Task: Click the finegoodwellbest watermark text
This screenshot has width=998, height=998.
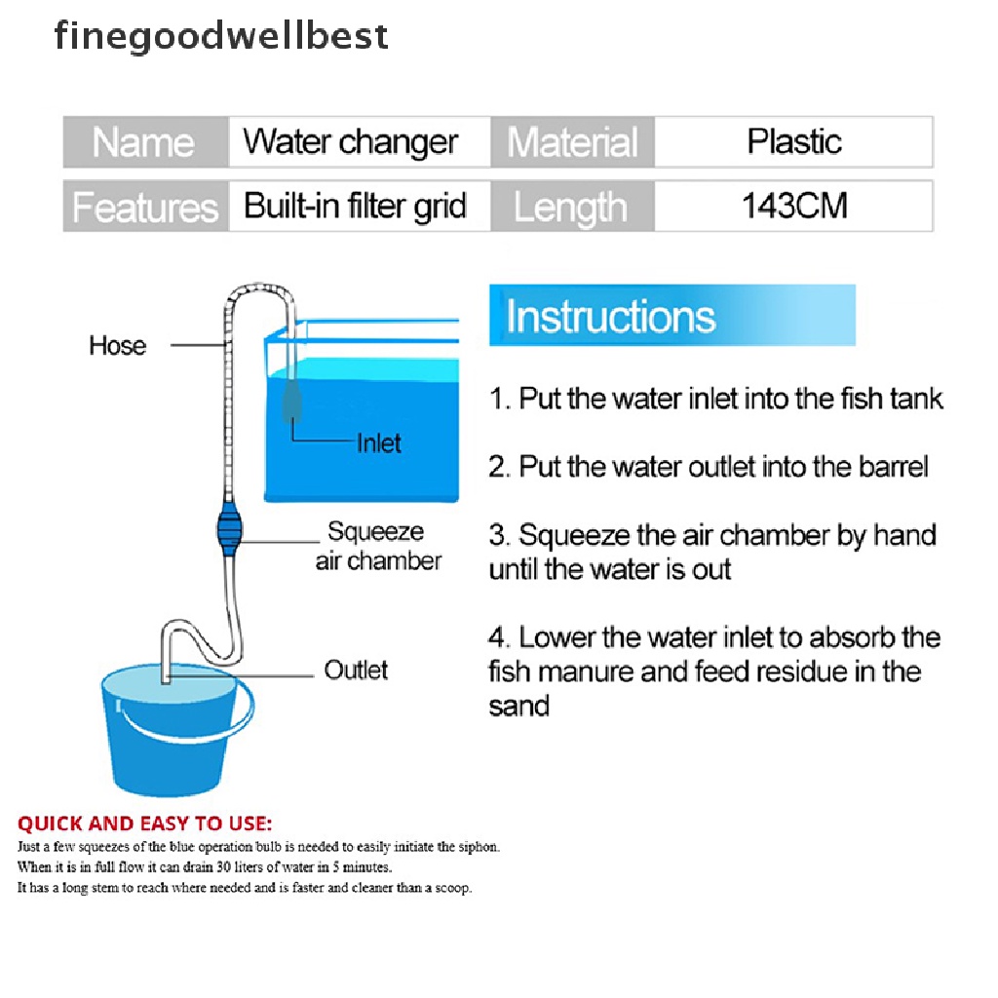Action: pyautogui.click(x=221, y=36)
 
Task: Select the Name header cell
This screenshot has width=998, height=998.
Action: pyautogui.click(x=146, y=142)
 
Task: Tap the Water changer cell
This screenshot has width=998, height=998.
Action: pyautogui.click(x=360, y=142)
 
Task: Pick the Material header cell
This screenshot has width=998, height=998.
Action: pyautogui.click(x=572, y=142)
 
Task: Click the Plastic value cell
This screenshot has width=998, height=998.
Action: pyautogui.click(x=793, y=142)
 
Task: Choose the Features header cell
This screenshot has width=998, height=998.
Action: pyautogui.click(x=146, y=207)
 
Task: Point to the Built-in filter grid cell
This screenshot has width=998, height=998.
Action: pyautogui.click(x=360, y=207)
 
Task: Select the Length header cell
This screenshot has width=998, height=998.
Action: pyautogui.click(x=572, y=207)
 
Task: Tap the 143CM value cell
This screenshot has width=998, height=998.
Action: pyautogui.click(x=793, y=207)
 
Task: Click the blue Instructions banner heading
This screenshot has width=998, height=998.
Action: pyautogui.click(x=672, y=316)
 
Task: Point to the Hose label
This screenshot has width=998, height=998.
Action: pyautogui.click(x=118, y=346)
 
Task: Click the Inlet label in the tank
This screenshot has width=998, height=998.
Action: pyautogui.click(x=379, y=443)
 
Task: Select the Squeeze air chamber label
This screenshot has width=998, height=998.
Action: pyautogui.click(x=378, y=546)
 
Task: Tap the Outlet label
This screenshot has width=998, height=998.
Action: pyautogui.click(x=356, y=670)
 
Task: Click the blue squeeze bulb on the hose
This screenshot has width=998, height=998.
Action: pyautogui.click(x=229, y=527)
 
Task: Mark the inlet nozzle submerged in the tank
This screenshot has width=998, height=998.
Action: pyautogui.click(x=291, y=401)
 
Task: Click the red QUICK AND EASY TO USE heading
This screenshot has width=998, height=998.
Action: pyautogui.click(x=145, y=824)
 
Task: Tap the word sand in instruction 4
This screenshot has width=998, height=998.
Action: pyautogui.click(x=518, y=707)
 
